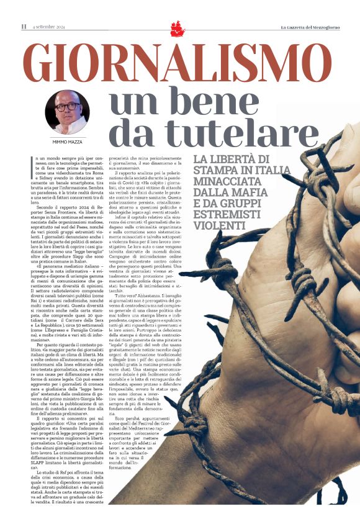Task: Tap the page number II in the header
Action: (x=24, y=27)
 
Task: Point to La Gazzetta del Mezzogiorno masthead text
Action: (x=316, y=27)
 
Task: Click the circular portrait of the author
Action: (x=67, y=112)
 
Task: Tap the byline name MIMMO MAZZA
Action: (x=67, y=142)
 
